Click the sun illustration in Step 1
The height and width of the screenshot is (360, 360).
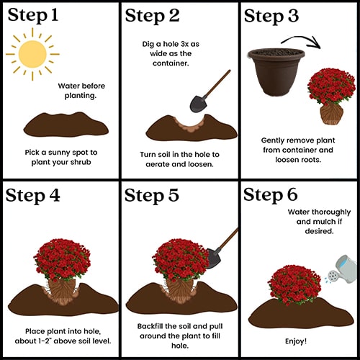[32, 54]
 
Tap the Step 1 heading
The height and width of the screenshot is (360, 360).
[33, 15]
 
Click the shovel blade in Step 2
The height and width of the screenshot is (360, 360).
[198, 104]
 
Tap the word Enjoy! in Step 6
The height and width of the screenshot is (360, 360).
[296, 341]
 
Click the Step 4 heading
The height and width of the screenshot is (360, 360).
[32, 196]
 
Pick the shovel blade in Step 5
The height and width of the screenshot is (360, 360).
[213, 258]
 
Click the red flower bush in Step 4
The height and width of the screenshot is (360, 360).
[63, 260]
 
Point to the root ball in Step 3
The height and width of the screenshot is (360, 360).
[331, 114]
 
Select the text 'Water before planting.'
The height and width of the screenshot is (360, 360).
[81, 91]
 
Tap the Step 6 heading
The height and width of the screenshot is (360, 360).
[271, 195]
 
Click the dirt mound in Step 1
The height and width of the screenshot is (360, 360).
[66, 125]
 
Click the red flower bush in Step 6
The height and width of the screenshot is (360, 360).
[294, 285]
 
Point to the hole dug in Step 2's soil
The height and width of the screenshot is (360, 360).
[190, 124]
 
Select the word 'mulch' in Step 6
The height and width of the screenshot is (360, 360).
[325, 222]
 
